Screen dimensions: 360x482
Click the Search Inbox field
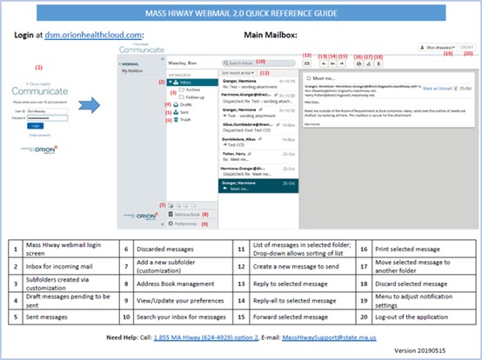pos(252,63)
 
